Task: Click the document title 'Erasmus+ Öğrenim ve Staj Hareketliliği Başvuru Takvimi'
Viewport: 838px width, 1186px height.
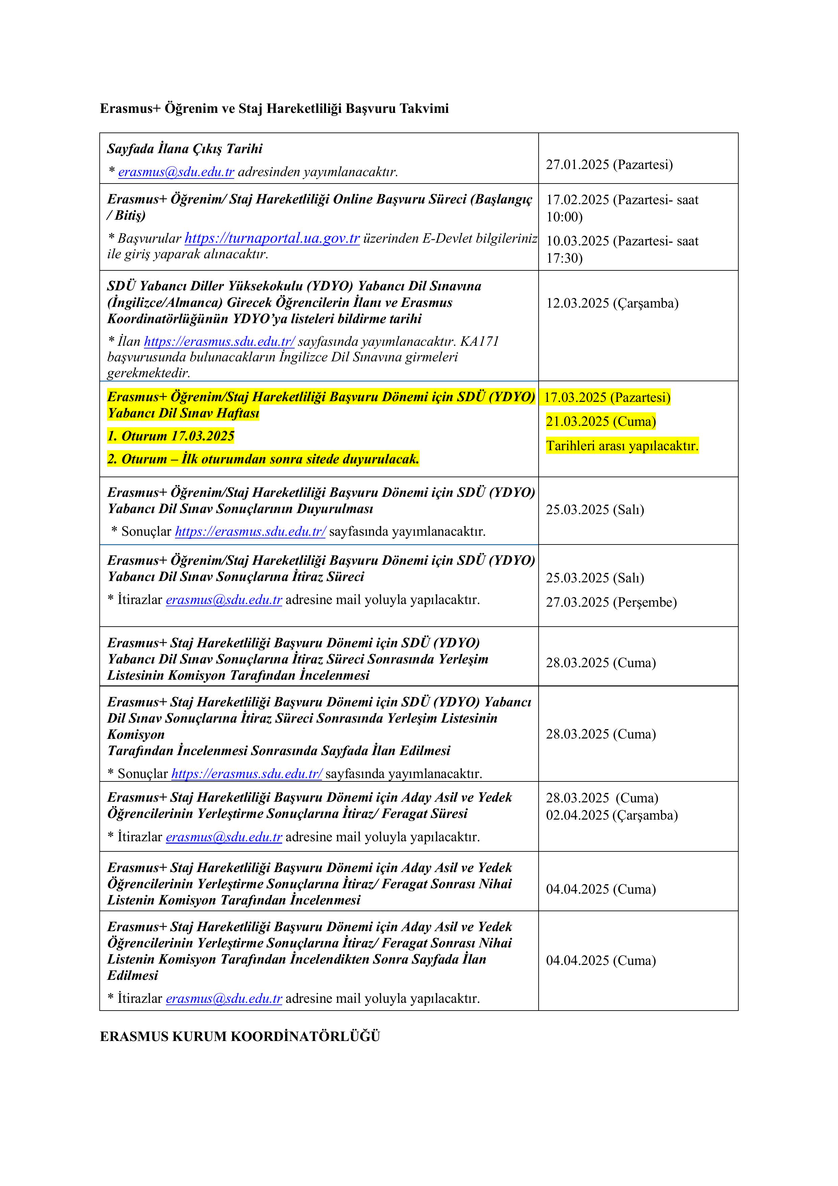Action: click(274, 108)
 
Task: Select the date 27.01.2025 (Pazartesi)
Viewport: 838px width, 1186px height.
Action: click(609, 165)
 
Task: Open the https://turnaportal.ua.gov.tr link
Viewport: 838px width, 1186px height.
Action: click(272, 238)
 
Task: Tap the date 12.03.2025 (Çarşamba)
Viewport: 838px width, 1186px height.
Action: click(612, 303)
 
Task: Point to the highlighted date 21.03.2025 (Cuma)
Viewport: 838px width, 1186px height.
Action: click(600, 421)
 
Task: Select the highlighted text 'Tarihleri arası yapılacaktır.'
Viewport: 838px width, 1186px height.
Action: click(622, 446)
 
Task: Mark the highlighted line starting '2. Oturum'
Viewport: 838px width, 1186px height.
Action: click(263, 459)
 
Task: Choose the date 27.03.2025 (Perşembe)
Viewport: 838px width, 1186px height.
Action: click(611, 602)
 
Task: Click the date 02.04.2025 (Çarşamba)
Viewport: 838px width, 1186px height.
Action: click(612, 815)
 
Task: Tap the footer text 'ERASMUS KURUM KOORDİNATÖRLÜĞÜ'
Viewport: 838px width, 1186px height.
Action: click(240, 1037)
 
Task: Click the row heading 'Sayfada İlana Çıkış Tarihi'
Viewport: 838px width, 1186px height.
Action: click(185, 149)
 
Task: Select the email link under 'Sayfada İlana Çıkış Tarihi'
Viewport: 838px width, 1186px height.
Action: click(176, 172)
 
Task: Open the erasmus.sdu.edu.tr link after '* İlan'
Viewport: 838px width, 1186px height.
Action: click(219, 341)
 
